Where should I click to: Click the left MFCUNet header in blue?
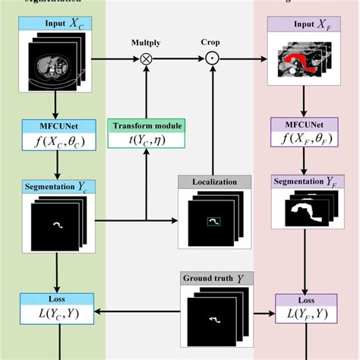pyautogui.click(x=57, y=122)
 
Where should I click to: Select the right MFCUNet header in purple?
pyautogui.click(x=303, y=124)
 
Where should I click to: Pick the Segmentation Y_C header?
pyautogui.click(x=57, y=186)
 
